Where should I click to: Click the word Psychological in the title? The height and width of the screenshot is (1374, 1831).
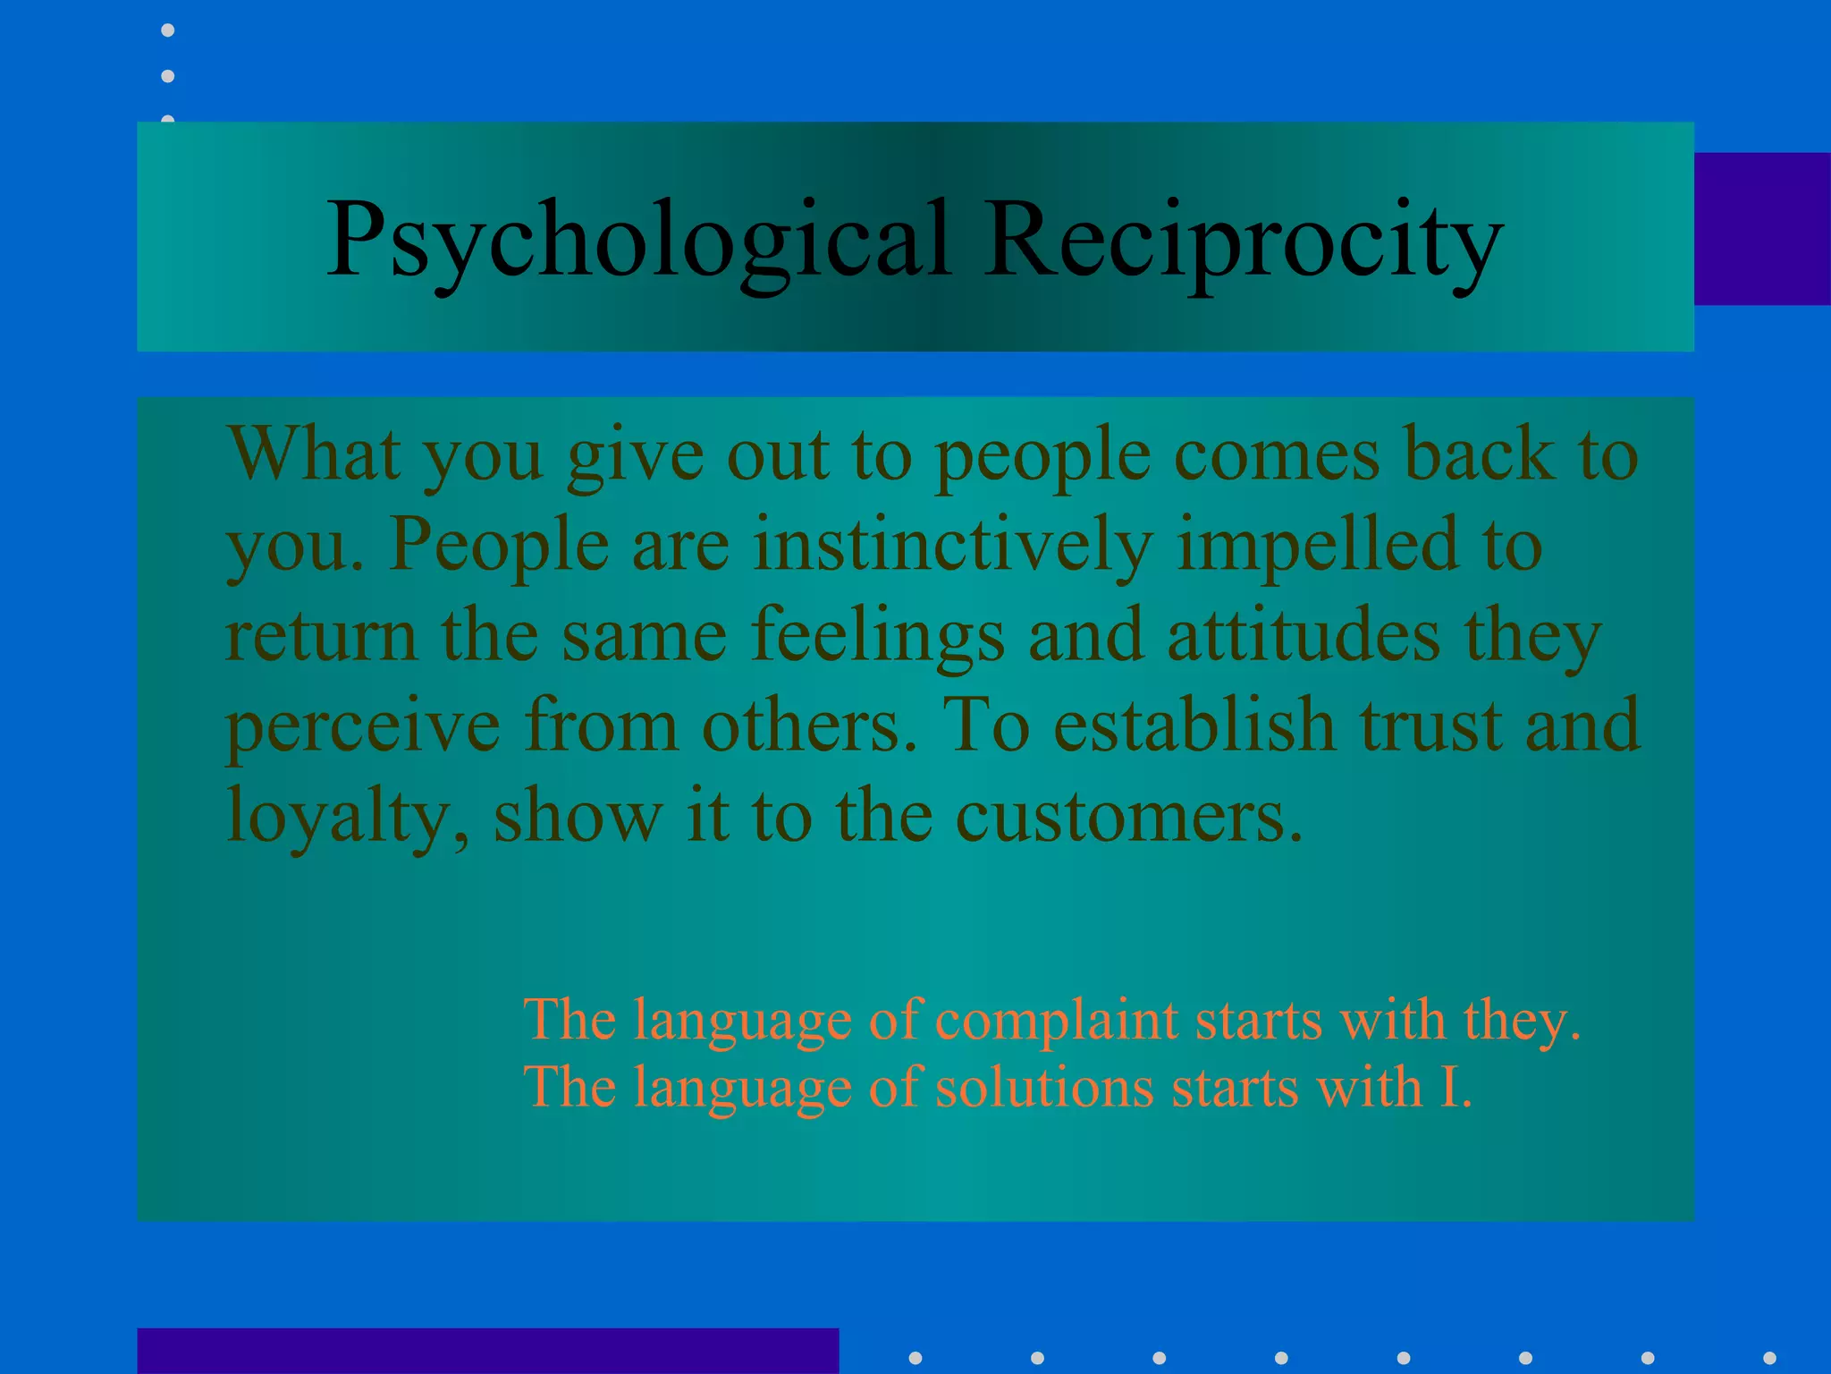click(x=637, y=240)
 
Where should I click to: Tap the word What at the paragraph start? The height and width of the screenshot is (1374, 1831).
click(x=313, y=454)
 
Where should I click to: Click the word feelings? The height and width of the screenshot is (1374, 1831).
click(x=878, y=635)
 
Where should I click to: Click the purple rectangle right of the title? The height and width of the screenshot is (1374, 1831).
click(x=1761, y=229)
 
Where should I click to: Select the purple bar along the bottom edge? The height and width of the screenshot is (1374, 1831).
click(x=487, y=1351)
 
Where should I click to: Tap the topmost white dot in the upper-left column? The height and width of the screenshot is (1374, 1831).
click(x=167, y=30)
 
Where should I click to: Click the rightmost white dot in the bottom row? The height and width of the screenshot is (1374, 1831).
click(x=1769, y=1358)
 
